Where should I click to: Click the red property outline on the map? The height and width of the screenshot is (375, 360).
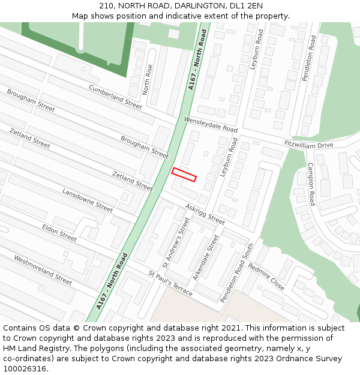(x=184, y=175)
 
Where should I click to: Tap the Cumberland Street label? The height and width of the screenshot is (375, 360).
(x=115, y=97)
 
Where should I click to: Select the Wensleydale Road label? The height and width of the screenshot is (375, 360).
(x=211, y=125)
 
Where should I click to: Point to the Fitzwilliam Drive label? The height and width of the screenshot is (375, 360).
(x=308, y=144)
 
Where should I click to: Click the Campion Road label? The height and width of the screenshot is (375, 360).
(x=311, y=184)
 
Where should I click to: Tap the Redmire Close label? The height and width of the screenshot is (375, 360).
(x=266, y=277)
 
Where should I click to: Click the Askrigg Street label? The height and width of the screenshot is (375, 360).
(x=205, y=214)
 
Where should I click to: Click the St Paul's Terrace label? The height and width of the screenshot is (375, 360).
(x=170, y=283)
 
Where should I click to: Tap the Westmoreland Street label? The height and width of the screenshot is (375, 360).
(x=43, y=270)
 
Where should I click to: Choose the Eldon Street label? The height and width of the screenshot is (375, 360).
(x=59, y=233)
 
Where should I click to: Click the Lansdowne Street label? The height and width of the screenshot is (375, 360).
(x=88, y=200)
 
